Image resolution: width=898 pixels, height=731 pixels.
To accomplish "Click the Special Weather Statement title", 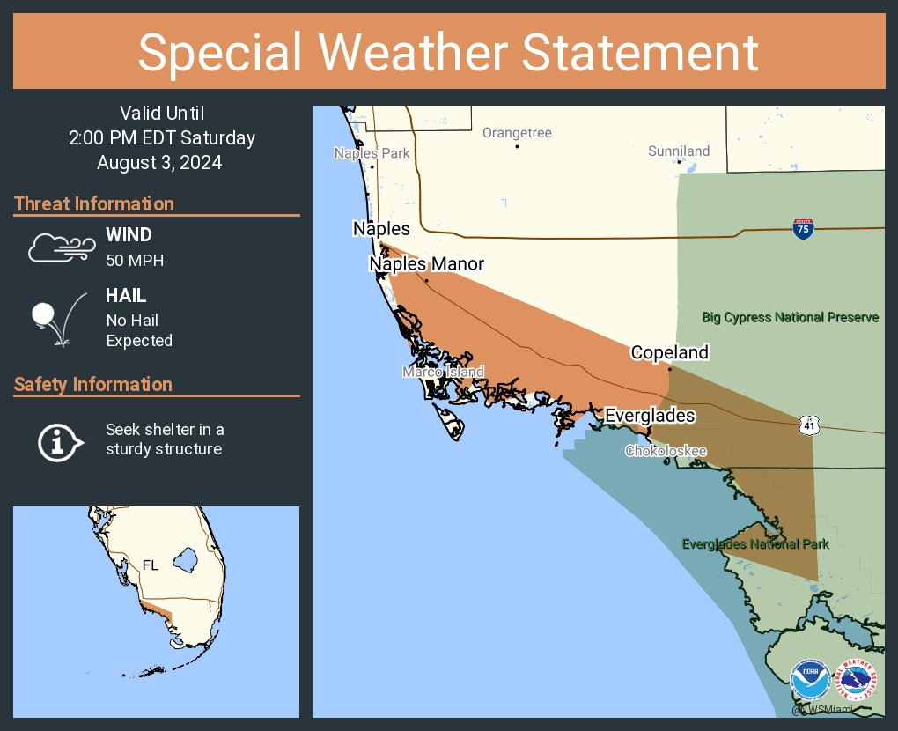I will click(448, 53).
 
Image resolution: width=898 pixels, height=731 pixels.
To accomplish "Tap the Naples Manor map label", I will click(426, 263).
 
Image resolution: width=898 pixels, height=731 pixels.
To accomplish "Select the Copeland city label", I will click(669, 352).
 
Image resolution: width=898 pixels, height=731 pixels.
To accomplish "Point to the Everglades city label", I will click(650, 416).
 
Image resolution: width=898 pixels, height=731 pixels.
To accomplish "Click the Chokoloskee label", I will click(666, 451).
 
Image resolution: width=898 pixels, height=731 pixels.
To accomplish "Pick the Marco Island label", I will click(443, 372).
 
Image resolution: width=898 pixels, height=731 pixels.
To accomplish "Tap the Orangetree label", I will click(517, 133).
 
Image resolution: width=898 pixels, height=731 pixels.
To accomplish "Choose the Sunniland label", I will click(679, 151).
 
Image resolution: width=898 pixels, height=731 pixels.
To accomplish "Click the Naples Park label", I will click(372, 153).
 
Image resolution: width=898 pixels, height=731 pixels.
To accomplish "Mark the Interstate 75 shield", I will click(802, 229).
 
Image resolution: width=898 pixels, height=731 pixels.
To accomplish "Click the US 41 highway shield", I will click(809, 425).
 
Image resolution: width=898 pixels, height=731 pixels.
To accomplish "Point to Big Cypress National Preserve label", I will click(790, 317).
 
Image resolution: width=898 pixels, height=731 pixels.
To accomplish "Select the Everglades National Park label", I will click(755, 544).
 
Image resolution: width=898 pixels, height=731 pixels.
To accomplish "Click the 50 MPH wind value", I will click(135, 261).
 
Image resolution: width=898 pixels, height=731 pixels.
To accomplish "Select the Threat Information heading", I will click(93, 203).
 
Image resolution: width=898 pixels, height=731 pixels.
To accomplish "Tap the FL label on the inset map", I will click(151, 565).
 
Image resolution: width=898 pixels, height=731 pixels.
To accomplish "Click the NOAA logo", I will click(809, 682).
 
